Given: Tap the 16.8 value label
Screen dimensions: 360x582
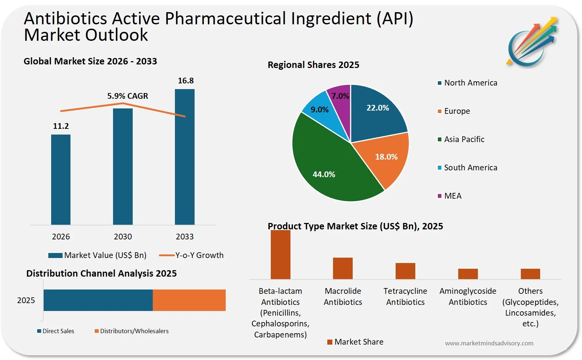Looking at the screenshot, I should [186, 81].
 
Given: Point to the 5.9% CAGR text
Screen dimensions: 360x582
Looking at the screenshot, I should [128, 96].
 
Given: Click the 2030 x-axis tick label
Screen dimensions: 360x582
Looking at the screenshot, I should [123, 237].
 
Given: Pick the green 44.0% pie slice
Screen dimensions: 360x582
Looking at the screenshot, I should [329, 165].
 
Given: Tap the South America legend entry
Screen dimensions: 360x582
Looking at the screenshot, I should [470, 167].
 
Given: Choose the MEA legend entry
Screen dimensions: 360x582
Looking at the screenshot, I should [452, 196].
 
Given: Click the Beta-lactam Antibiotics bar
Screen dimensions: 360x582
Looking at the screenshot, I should [280, 255].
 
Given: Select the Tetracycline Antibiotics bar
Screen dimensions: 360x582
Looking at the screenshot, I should [405, 271].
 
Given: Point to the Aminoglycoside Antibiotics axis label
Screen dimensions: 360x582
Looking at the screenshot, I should [468, 296].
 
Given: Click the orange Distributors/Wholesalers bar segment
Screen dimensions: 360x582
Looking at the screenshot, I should [189, 300].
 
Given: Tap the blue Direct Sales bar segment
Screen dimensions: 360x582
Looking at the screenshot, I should [98, 300].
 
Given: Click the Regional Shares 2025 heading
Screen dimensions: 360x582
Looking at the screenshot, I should [313, 65].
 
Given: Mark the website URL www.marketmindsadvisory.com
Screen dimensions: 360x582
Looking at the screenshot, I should [489, 343].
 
